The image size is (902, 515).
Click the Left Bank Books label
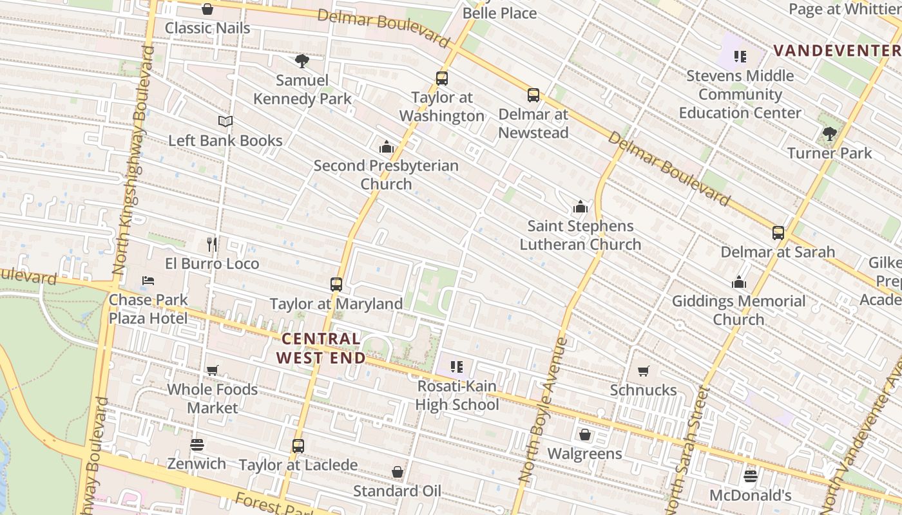click(225, 140)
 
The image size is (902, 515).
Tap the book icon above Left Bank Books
click(225, 121)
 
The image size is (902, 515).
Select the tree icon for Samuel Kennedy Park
click(302, 61)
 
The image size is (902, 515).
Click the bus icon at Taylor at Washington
click(441, 79)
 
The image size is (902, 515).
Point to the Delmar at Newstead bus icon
click(533, 95)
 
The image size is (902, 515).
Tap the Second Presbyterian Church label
click(386, 174)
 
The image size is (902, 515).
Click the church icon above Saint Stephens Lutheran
click(581, 207)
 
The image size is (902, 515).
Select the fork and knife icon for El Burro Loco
click(211, 245)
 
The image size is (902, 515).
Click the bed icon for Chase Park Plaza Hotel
click(148, 281)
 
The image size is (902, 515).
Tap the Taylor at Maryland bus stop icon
click(336, 284)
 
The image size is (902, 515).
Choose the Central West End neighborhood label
click(320, 348)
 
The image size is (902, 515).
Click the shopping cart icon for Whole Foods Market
click(212, 370)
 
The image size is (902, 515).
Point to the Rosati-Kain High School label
click(457, 395)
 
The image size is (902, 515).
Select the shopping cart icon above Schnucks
click(643, 371)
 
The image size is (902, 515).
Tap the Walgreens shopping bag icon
click(584, 435)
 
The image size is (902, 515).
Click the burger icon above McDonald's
click(750, 476)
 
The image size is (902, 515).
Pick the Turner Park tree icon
click(829, 134)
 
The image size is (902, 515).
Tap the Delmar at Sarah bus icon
click(778, 232)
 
